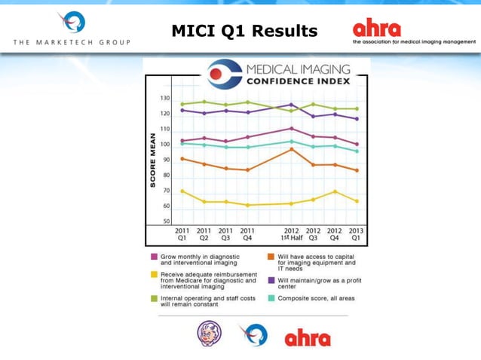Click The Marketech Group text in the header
72,42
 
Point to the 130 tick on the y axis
164,99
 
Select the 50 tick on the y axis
166,221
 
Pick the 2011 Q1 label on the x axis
182,233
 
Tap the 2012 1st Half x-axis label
291,233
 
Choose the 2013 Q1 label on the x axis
356,233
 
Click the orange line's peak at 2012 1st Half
291,149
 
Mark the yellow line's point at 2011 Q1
182,191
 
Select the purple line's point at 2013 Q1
357,119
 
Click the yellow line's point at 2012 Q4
335,191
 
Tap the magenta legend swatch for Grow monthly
154,256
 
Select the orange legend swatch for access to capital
271,256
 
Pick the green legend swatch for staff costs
154,298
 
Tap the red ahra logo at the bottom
307,337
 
